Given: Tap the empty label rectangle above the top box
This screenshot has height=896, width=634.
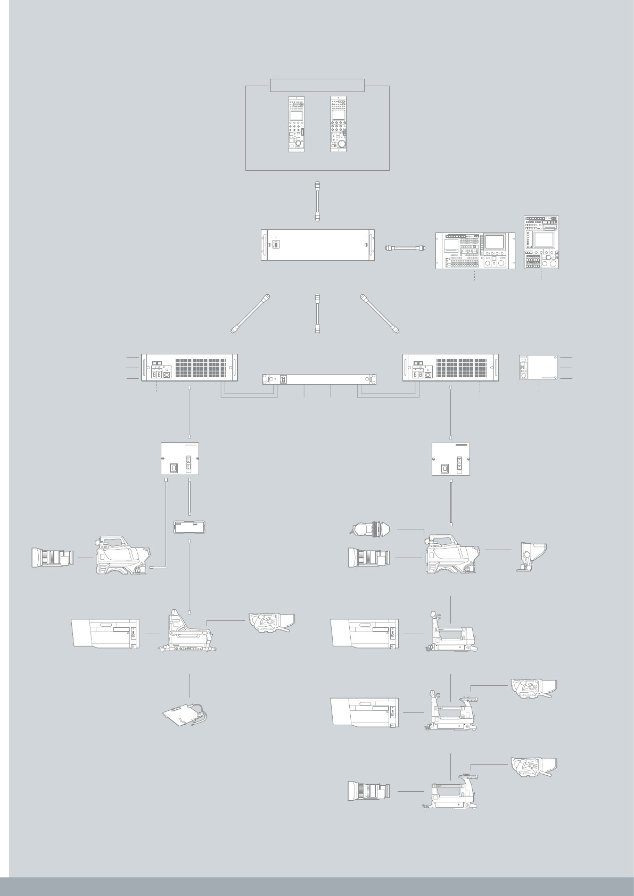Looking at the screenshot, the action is [x=317, y=85].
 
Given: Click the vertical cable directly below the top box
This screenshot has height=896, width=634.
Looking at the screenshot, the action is [x=317, y=201].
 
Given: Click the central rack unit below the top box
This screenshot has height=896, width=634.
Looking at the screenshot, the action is [x=317, y=245].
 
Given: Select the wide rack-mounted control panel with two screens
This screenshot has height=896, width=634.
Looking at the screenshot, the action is [x=475, y=251].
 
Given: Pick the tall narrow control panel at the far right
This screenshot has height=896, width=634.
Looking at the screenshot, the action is [x=541, y=242].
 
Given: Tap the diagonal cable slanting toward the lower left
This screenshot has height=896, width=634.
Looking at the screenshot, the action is [x=251, y=313].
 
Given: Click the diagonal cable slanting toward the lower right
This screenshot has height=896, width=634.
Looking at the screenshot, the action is [x=380, y=313].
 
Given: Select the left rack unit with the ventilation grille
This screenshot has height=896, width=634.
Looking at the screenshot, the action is [x=189, y=367].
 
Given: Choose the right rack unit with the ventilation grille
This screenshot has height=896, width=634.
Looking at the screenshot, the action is [x=451, y=367].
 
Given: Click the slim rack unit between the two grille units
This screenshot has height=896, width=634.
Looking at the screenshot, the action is [x=320, y=379].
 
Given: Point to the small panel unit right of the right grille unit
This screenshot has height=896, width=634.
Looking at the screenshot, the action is [x=538, y=367].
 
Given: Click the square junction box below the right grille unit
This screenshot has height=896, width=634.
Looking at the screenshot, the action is [x=451, y=458].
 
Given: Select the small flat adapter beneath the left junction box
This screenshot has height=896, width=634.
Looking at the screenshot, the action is [x=190, y=527].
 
